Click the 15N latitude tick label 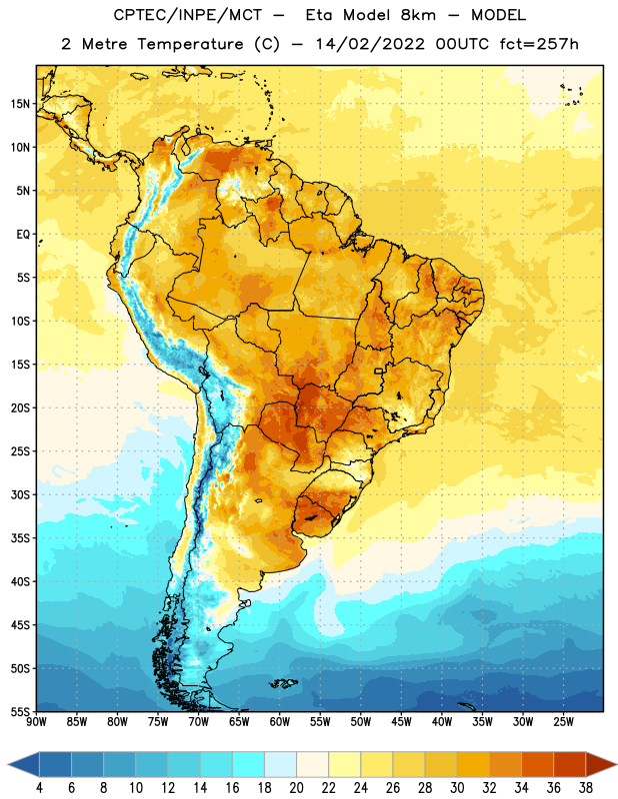[20, 104]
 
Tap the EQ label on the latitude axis [23, 235]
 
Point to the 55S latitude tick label [20, 711]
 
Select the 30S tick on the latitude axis [20, 494]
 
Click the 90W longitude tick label [36, 722]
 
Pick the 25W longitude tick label [563, 722]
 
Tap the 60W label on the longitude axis [280, 722]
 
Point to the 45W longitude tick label [401, 722]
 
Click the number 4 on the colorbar [39, 788]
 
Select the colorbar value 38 [586, 788]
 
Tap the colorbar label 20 [296, 788]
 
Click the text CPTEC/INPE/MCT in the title [187, 15]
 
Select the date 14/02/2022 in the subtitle [370, 44]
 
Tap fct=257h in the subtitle [539, 44]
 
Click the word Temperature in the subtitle [190, 44]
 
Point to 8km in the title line [418, 15]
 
